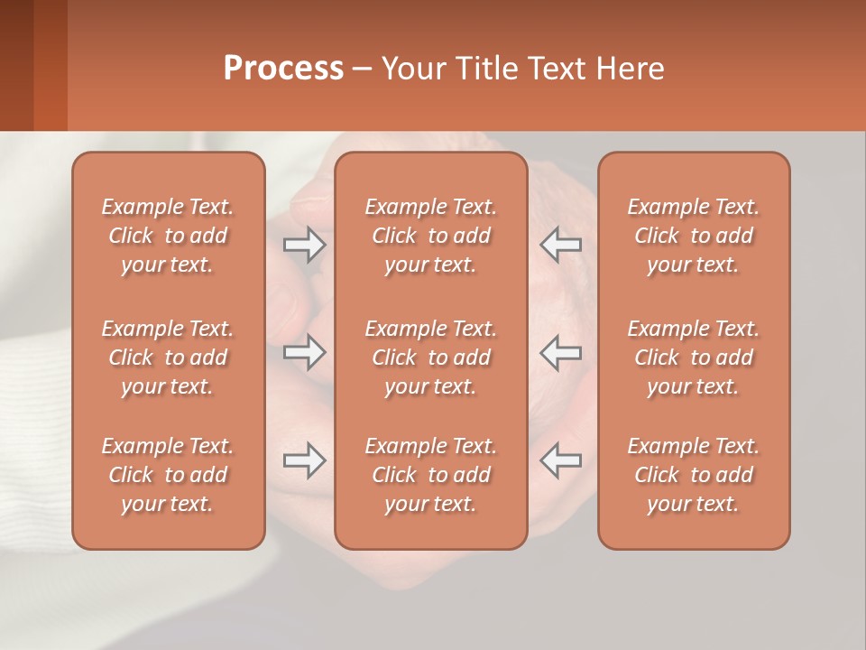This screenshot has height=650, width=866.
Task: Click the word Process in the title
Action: pyautogui.click(x=283, y=69)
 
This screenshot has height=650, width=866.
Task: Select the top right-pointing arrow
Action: pyautogui.click(x=304, y=245)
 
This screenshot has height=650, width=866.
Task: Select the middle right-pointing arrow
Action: pyautogui.click(x=304, y=352)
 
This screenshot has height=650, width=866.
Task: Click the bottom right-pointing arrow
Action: pyautogui.click(x=304, y=460)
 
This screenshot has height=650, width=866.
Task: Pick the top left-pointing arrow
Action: pyautogui.click(x=560, y=245)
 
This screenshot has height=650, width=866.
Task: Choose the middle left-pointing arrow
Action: pyautogui.click(x=560, y=352)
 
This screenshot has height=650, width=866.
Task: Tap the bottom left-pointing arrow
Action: pyautogui.click(x=560, y=460)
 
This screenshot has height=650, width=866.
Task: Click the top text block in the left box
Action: pyautogui.click(x=168, y=236)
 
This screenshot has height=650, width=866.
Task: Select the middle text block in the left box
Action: pyautogui.click(x=168, y=357)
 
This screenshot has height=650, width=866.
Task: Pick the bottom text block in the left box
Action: pyautogui.click(x=168, y=475)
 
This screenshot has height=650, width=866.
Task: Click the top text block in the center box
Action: pyautogui.click(x=430, y=236)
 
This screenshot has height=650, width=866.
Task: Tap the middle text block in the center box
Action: pyautogui.click(x=430, y=357)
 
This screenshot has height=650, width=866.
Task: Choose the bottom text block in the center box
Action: pyautogui.click(x=430, y=475)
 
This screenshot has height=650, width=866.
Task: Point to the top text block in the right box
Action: pyautogui.click(x=694, y=236)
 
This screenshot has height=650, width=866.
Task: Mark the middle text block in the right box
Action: pyautogui.click(x=694, y=357)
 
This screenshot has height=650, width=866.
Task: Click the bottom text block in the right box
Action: pyautogui.click(x=694, y=475)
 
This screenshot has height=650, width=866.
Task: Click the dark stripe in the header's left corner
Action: pyautogui.click(x=16, y=65)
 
